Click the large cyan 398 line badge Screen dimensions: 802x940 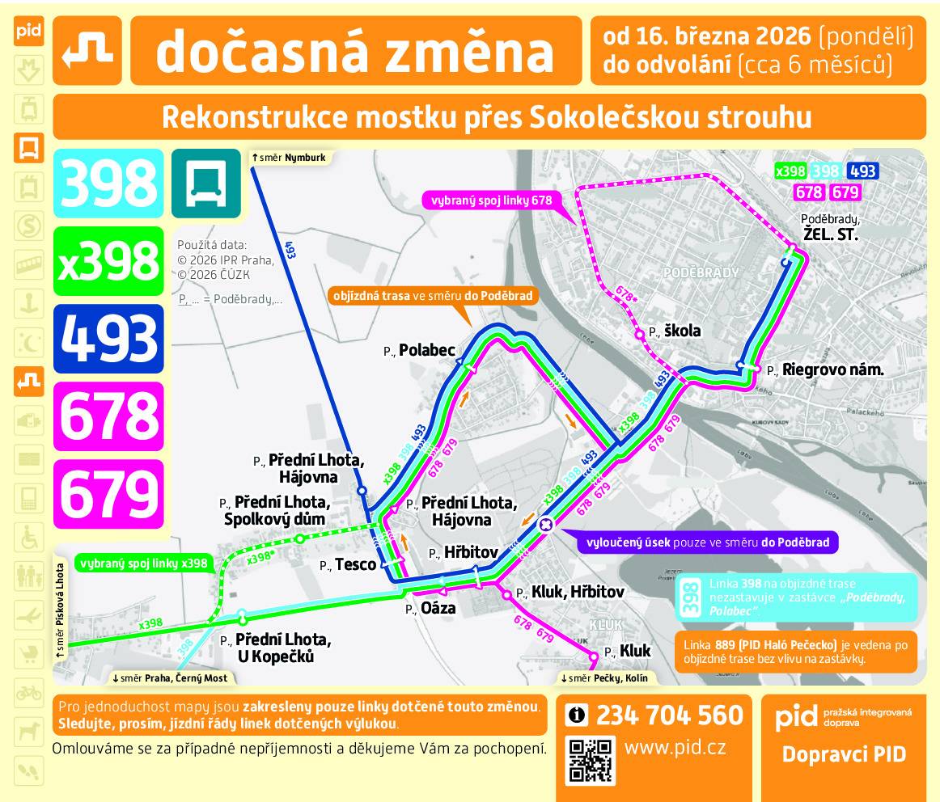click(x=108, y=184)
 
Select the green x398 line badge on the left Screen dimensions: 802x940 click(x=108, y=260)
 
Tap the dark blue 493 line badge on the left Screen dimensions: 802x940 click(x=108, y=338)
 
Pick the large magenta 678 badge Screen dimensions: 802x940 click(x=108, y=416)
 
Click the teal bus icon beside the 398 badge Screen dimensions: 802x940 click(x=205, y=184)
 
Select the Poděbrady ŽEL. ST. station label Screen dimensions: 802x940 click(x=829, y=229)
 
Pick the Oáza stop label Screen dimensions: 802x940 click(x=438, y=609)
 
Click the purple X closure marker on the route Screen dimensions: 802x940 click(x=546, y=524)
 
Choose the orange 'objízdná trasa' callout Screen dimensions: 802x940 click(x=433, y=296)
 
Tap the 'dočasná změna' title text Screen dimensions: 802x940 click(x=354, y=51)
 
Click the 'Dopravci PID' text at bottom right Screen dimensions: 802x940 click(x=844, y=755)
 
